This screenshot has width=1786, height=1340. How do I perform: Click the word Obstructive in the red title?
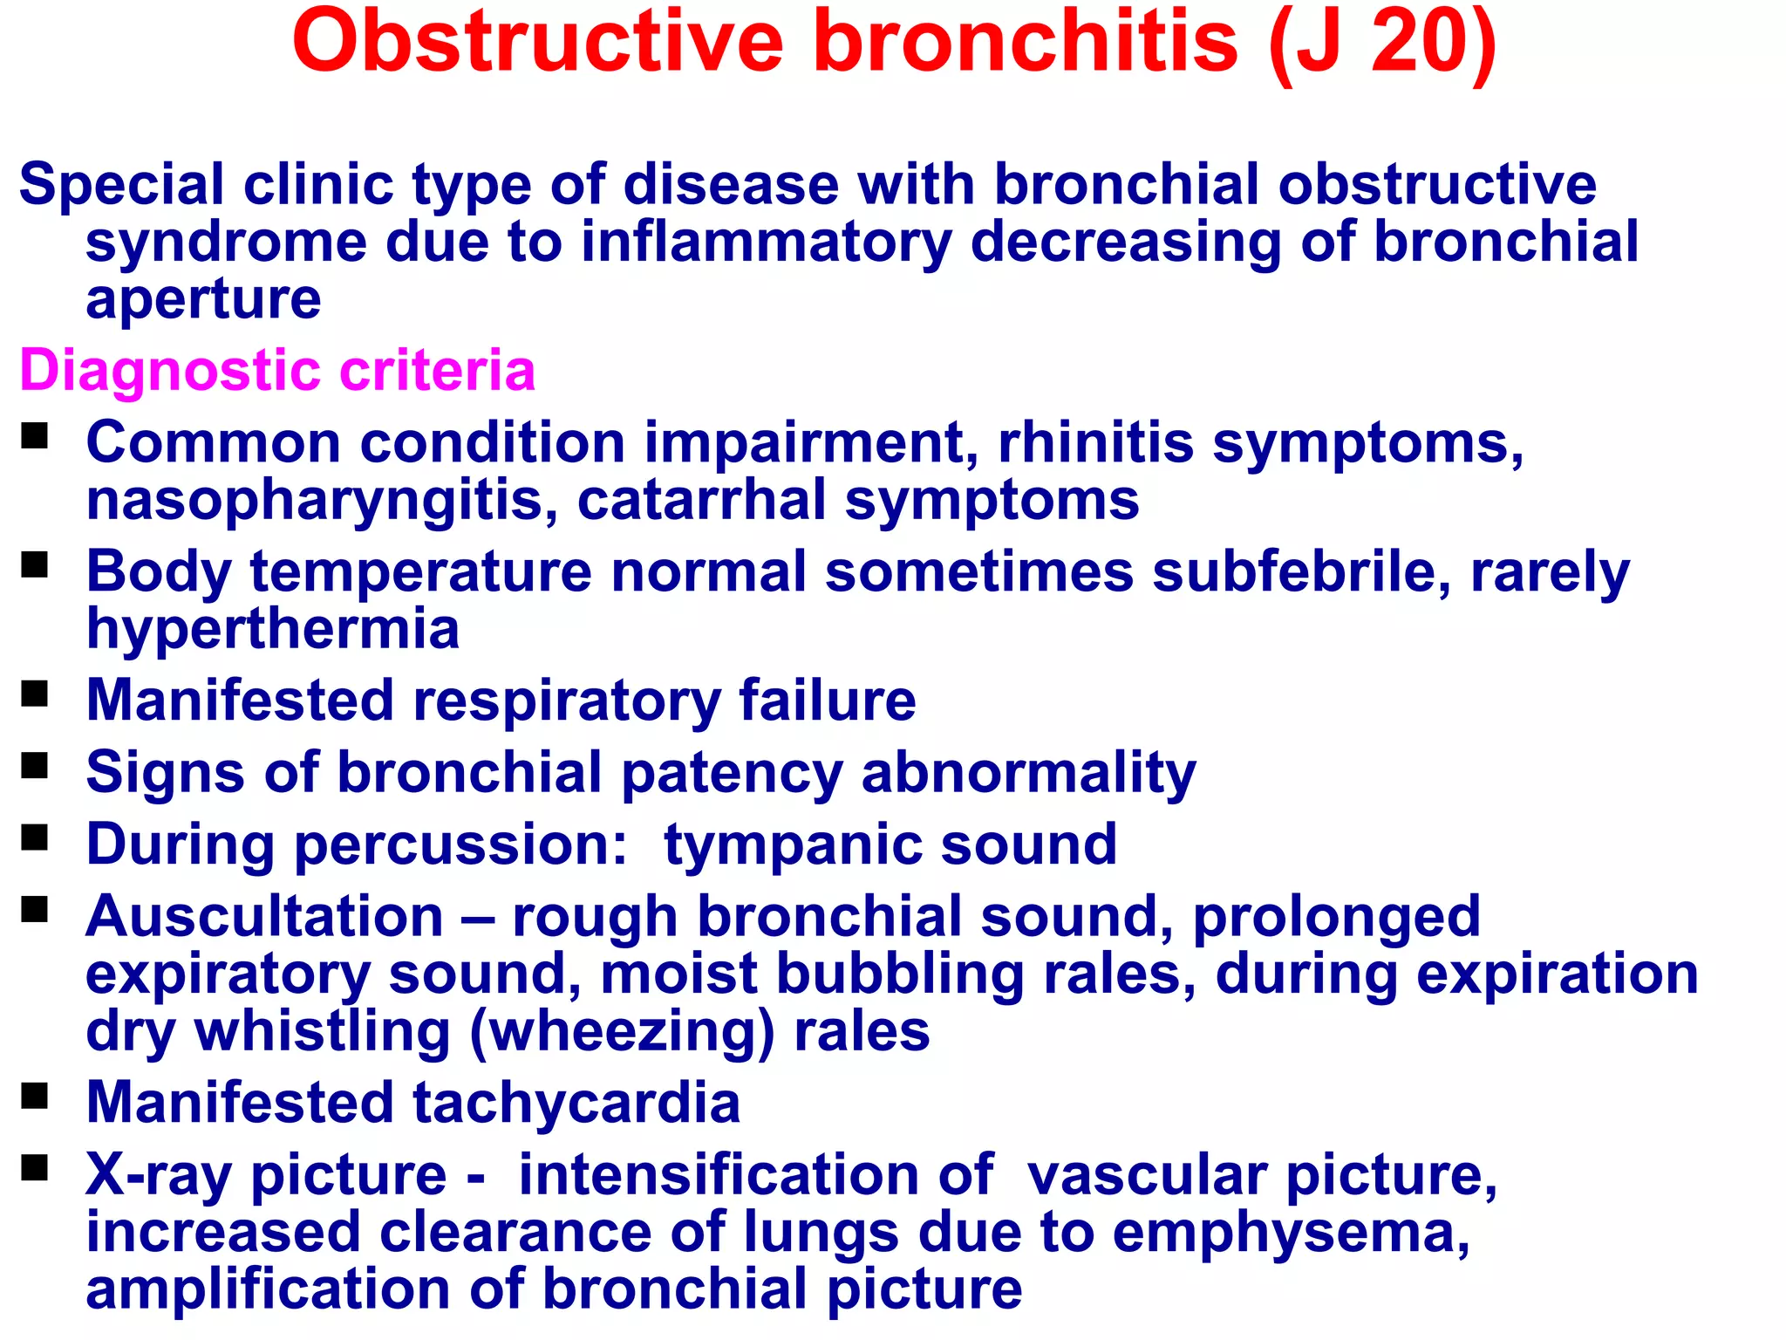[x=538, y=42]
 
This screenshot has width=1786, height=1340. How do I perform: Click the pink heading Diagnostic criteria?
[x=277, y=370]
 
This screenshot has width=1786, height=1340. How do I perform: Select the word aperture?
[x=203, y=299]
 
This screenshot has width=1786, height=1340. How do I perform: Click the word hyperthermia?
[x=272, y=629]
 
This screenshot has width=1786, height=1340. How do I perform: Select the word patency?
[x=732, y=773]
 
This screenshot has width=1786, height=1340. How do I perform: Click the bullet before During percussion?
[x=35, y=838]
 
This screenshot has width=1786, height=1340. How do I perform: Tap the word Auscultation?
[x=264, y=917]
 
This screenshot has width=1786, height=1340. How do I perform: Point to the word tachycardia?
[x=576, y=1103]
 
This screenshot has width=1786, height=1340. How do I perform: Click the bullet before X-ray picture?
[x=35, y=1167]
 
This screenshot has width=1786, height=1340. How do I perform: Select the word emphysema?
[x=1291, y=1233]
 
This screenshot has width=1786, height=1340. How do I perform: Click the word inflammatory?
[x=767, y=243]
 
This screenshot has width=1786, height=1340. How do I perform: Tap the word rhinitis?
[x=1095, y=442]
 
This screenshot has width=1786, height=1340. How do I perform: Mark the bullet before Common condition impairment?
[x=35, y=435]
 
